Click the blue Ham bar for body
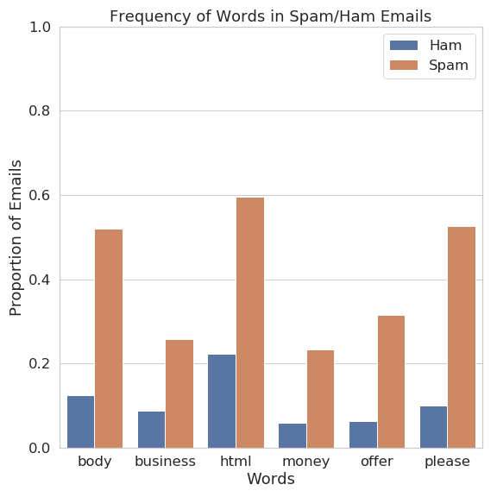coord(81,422)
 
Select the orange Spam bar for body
coord(109,338)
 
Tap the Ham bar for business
coord(152,430)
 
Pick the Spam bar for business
coord(179,394)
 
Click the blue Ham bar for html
coord(222,401)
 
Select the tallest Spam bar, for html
coord(250,323)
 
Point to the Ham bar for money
coord(293,436)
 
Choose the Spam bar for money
coord(320,399)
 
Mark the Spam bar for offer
coord(391,382)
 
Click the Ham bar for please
coord(434,427)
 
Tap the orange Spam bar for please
coord(462,337)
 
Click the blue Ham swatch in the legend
coord(404,46)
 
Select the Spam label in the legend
coord(449,66)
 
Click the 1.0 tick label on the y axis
coord(40,28)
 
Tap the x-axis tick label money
coord(305,462)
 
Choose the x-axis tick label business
coord(165,461)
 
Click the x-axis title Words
coord(271,479)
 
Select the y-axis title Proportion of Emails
coord(16,238)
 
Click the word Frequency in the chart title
coord(150,16)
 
